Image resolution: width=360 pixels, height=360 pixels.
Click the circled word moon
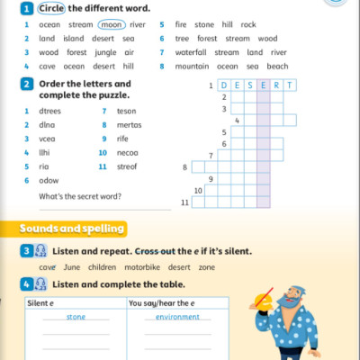coord(112,25)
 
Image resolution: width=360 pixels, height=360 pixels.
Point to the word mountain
coord(192,66)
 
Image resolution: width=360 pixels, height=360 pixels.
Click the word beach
coord(277,66)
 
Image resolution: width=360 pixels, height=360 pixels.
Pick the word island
coord(73,39)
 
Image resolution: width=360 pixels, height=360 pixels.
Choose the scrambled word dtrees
coord(51,110)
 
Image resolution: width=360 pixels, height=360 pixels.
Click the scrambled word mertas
coord(129,124)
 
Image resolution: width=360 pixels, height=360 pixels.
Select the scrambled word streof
coord(129,166)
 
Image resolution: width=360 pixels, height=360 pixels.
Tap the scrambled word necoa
coord(128,152)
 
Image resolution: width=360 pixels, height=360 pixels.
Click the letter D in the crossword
coord(224,85)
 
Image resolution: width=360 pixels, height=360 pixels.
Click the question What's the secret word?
coord(80,196)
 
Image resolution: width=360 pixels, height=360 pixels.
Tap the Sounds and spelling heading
coord(72,229)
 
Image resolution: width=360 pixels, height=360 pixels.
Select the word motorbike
coord(144,267)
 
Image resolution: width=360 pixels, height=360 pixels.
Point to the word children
coord(102,267)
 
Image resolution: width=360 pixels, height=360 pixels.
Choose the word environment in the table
coord(177,317)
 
